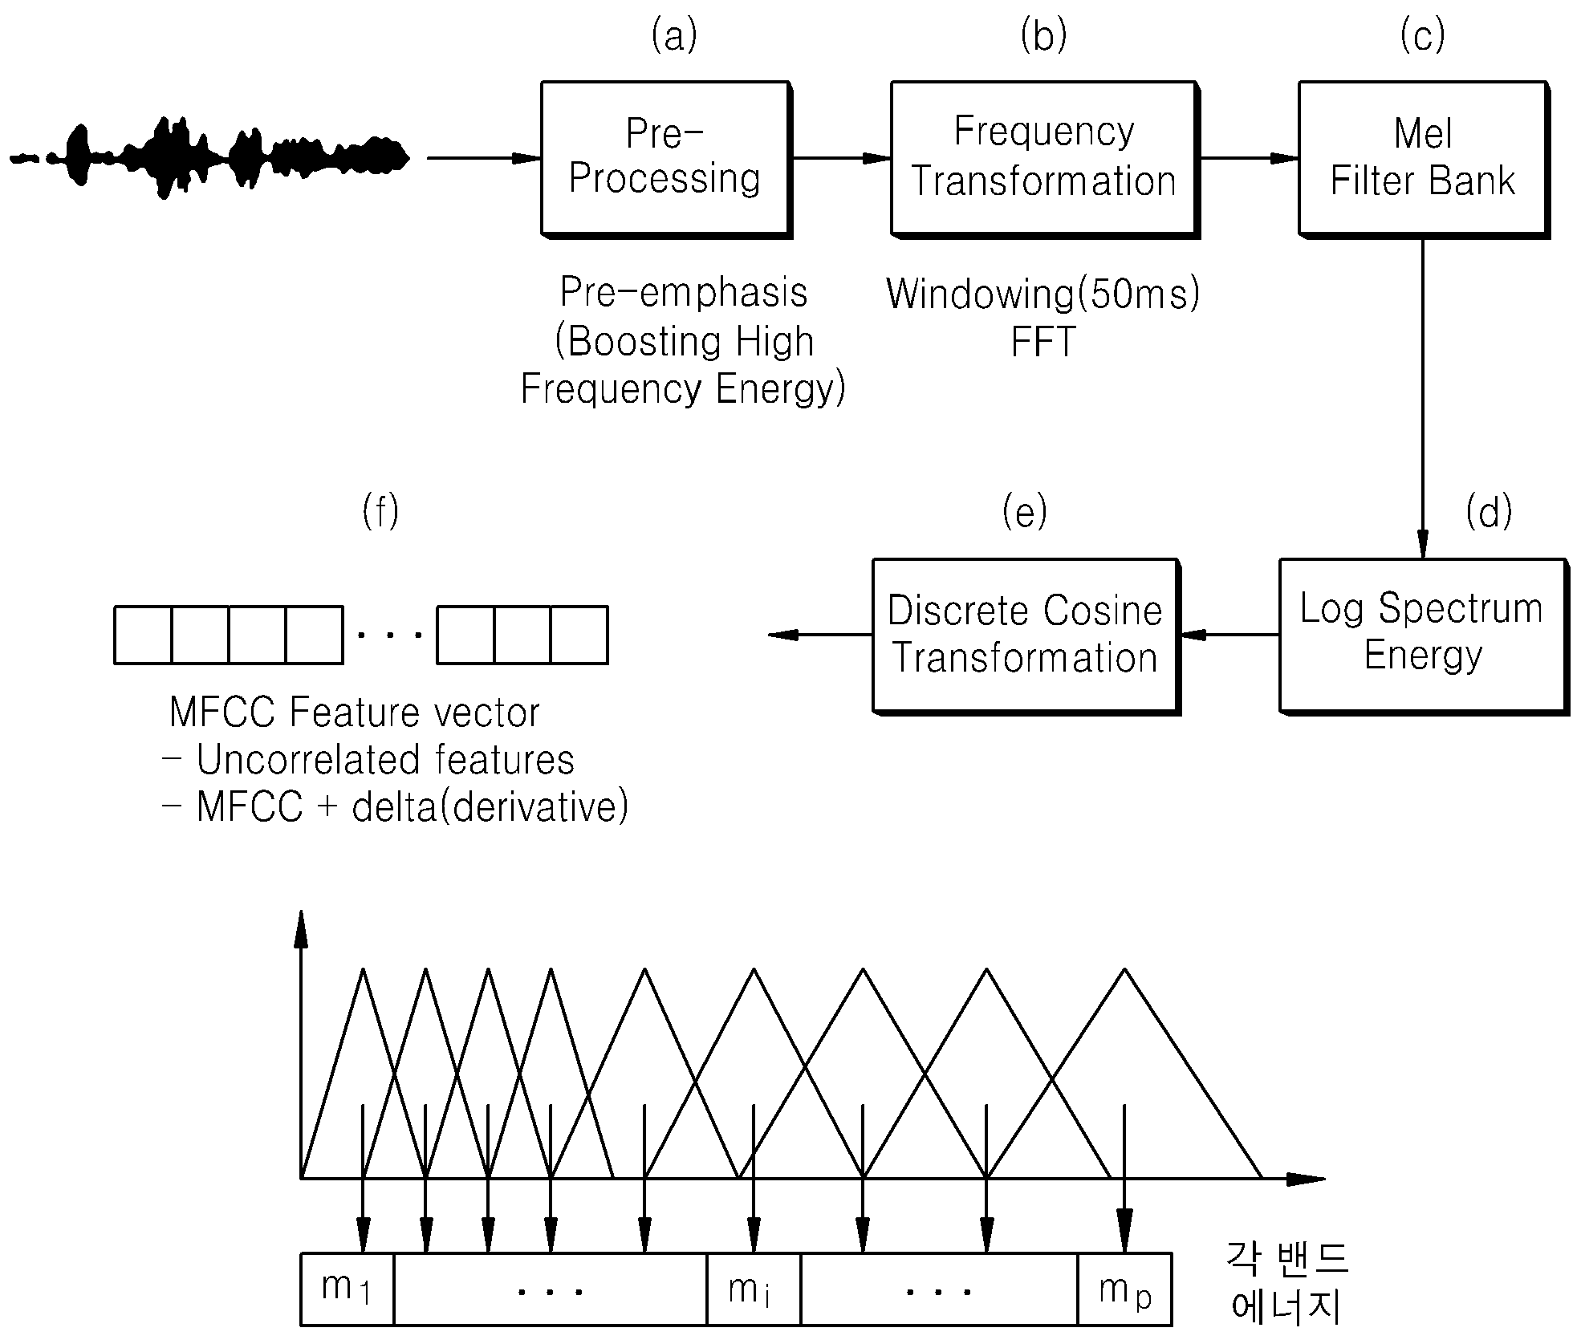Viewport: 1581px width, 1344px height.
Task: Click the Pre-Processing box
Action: (666, 159)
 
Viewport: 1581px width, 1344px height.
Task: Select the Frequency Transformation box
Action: (1045, 159)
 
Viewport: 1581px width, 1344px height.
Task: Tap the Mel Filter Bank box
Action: (1424, 159)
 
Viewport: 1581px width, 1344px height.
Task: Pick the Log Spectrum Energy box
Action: (1423, 635)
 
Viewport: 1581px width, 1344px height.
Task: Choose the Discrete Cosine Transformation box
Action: (1026, 635)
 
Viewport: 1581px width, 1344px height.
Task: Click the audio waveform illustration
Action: (209, 158)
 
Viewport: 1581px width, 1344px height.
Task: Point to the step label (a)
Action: (674, 36)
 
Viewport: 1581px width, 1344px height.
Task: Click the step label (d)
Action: (1489, 512)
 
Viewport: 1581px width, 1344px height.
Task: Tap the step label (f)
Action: (380, 512)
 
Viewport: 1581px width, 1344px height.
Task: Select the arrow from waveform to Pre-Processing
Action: (484, 158)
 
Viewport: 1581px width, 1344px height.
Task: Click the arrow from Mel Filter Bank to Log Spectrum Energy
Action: (1423, 398)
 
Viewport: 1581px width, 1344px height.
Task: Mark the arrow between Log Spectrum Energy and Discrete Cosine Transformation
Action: (1229, 635)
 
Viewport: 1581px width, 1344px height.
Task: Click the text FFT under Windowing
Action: (1043, 343)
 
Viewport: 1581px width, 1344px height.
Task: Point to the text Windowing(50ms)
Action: (1043, 294)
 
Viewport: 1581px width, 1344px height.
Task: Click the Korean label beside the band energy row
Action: (1286, 1284)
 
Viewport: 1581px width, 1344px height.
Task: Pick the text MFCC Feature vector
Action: (355, 713)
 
